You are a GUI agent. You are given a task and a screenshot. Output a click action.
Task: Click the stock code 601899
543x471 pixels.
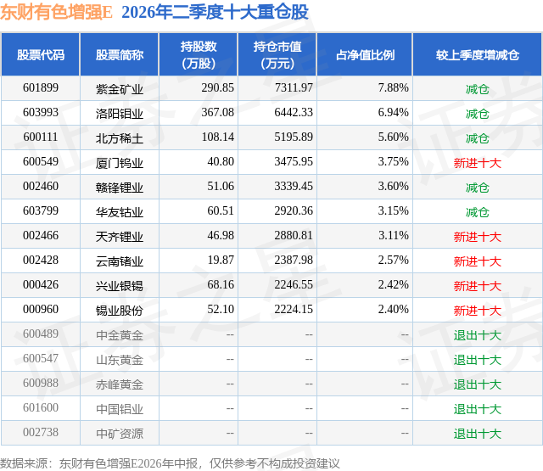point(41,87)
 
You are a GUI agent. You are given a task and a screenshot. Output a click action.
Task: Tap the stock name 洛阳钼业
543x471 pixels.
point(120,113)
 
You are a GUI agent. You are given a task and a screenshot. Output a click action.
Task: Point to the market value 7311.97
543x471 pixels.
point(294,87)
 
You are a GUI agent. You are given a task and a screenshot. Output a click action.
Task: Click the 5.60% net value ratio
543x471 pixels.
point(394,137)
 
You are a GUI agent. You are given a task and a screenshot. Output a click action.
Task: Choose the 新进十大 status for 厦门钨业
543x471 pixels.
point(477,162)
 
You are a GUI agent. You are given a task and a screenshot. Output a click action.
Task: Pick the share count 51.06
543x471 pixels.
point(221,186)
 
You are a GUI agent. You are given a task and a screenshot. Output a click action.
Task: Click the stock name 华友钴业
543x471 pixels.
point(120,211)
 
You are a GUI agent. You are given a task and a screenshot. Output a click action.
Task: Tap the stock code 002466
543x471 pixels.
point(41,235)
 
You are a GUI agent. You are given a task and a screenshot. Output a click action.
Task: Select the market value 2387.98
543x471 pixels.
point(294,260)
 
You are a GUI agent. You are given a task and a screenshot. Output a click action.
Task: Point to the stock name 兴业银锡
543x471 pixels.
point(120,285)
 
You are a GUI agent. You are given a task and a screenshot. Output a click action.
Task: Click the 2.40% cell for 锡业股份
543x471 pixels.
point(394,309)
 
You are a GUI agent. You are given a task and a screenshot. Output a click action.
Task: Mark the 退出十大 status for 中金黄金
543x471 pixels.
point(477,334)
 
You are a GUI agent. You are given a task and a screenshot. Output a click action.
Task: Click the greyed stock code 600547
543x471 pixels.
point(41,358)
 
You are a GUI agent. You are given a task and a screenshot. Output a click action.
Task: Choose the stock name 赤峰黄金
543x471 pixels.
point(120,384)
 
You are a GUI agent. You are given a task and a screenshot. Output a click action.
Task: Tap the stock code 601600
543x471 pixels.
point(41,407)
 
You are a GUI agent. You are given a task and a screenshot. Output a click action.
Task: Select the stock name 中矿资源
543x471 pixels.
point(120,433)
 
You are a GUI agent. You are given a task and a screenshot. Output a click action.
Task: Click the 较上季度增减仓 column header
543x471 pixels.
point(478,54)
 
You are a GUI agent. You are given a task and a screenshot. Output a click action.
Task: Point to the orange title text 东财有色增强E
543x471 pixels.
point(57,12)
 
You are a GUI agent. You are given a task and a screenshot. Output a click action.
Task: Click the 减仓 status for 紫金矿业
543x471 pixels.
point(477,88)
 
